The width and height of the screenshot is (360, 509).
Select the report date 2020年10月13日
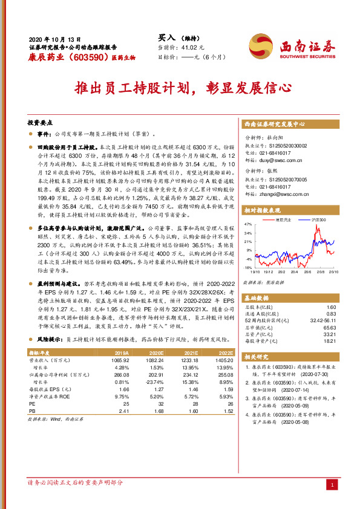click(54, 37)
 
